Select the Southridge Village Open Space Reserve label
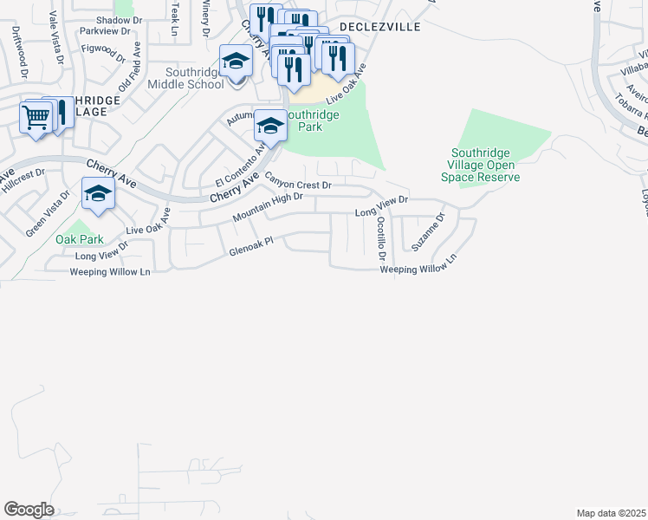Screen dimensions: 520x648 click(484, 165)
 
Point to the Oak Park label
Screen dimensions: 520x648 click(80, 239)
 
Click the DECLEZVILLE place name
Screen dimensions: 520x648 click(380, 27)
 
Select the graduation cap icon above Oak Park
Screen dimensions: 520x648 click(98, 192)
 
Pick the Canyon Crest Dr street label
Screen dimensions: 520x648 click(298, 183)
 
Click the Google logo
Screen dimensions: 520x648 click(29, 510)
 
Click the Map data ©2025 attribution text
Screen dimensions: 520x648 click(611, 513)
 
